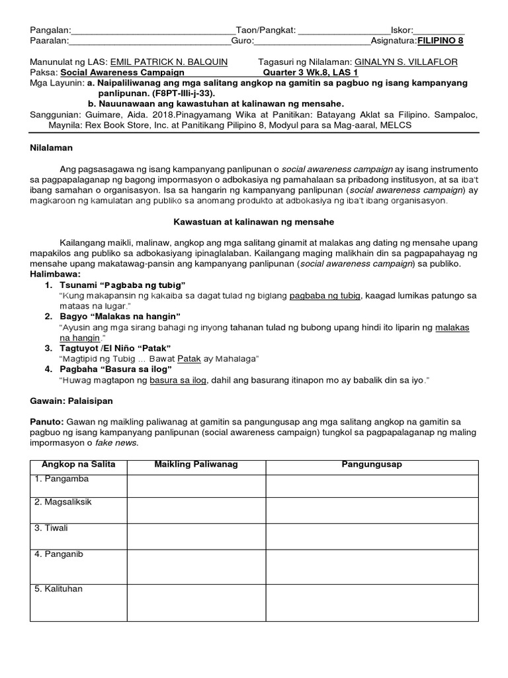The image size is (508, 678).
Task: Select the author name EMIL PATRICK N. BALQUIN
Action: (169, 62)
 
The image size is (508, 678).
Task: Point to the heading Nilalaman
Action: (51, 148)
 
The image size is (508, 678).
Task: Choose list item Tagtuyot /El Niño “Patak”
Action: (116, 348)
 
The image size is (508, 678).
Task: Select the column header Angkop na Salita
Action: (79, 465)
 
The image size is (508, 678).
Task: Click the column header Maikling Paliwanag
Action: (196, 465)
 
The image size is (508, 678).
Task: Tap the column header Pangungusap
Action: (372, 465)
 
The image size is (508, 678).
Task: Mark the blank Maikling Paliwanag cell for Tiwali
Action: (196, 536)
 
